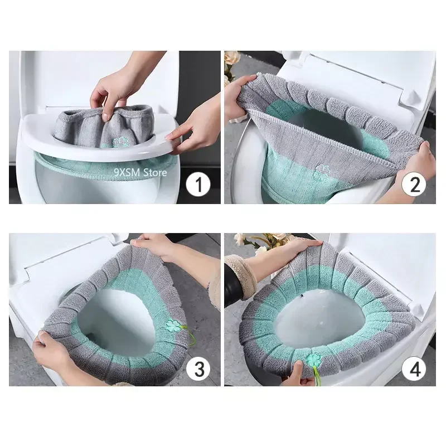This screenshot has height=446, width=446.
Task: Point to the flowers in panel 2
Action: click(x=231, y=61)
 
